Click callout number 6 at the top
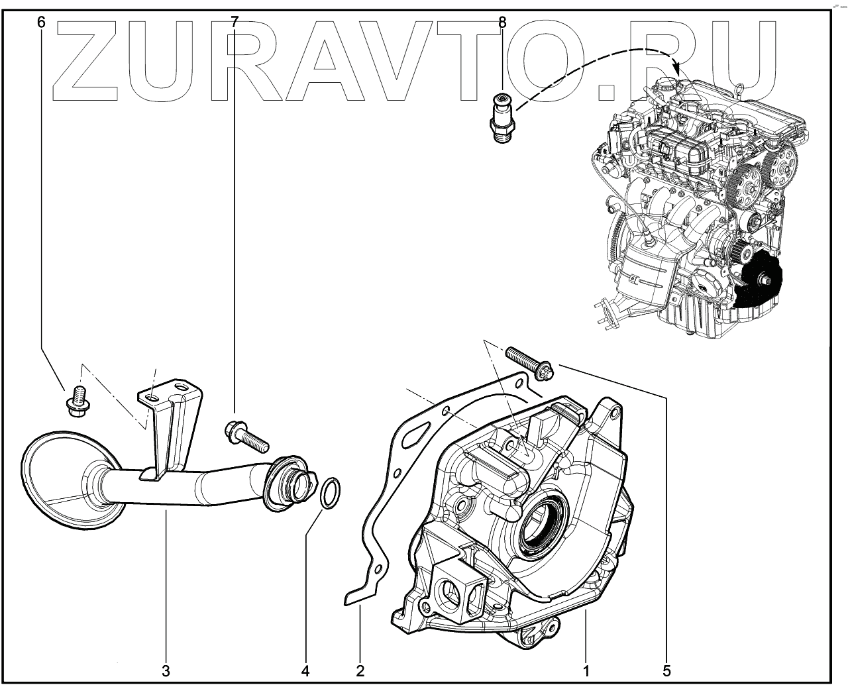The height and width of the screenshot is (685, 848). point(42,23)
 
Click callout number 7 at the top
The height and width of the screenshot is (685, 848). point(234,23)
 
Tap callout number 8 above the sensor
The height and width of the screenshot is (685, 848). point(502,23)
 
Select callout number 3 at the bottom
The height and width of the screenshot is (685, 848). point(166,670)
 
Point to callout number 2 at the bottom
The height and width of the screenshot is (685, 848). point(360,670)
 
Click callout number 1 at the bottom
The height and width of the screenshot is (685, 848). point(586,670)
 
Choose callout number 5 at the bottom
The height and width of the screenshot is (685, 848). point(667,670)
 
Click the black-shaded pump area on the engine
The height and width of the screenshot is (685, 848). point(762,284)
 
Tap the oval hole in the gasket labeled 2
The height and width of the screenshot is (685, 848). point(414,437)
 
